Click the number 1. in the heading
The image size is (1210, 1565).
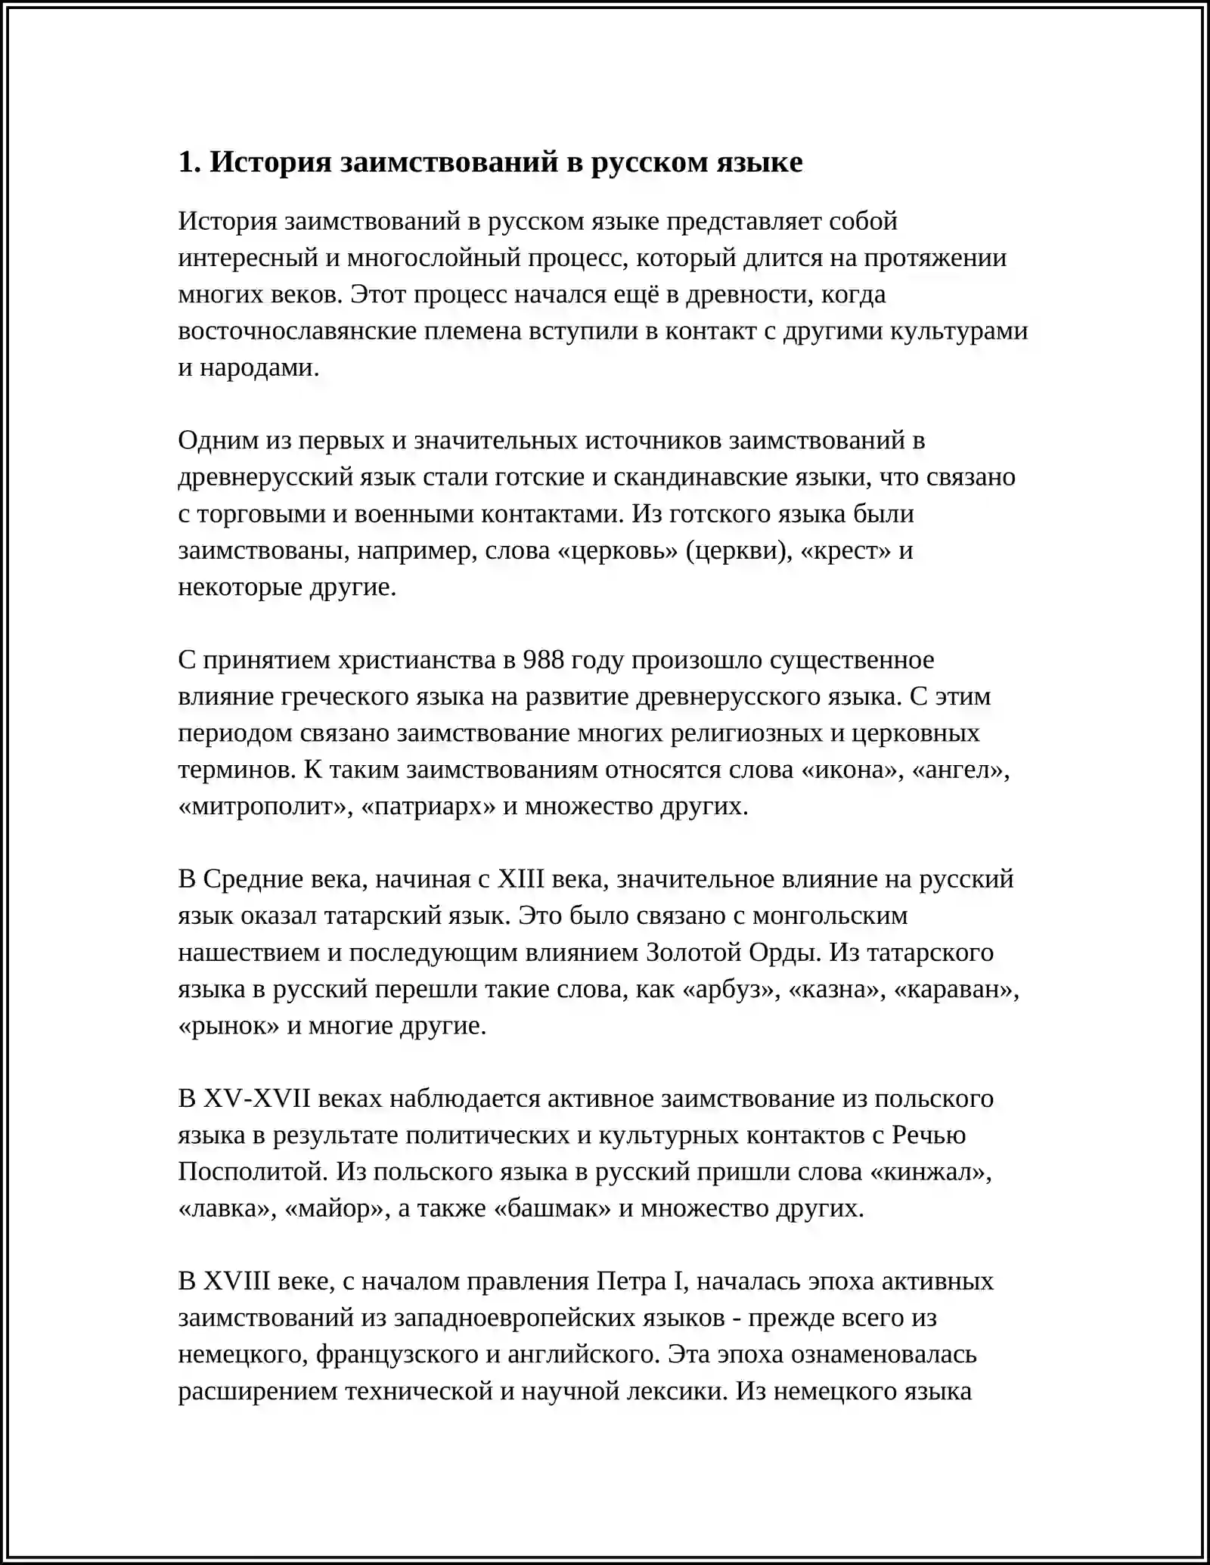click(188, 163)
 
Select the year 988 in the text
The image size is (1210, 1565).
click(543, 661)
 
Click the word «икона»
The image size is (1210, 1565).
click(852, 770)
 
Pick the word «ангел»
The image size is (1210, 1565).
click(961, 770)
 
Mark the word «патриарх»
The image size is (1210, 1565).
click(429, 807)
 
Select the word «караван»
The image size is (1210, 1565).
click(957, 990)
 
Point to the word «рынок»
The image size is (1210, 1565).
click(229, 1026)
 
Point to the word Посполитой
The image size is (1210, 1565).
click(253, 1173)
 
